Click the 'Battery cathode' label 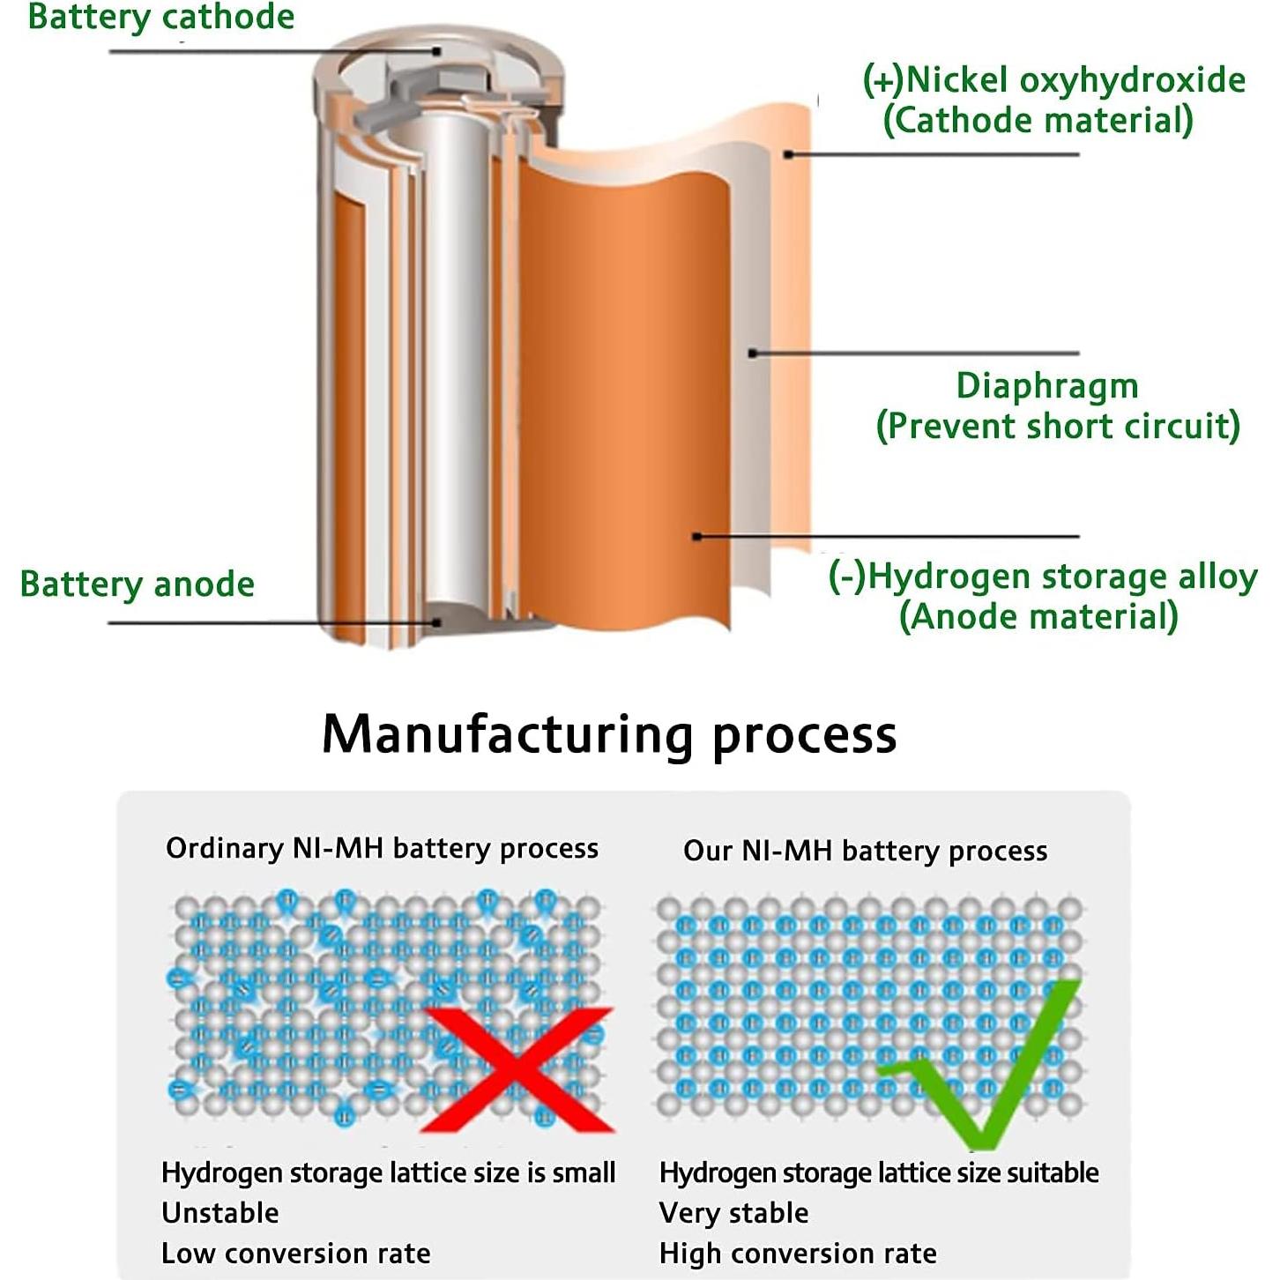click(x=161, y=17)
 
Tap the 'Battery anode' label click(x=138, y=584)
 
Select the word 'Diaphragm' click(x=1047, y=386)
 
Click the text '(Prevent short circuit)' click(x=1058, y=426)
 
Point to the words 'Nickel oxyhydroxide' click(x=1075, y=80)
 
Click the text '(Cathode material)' click(x=1038, y=120)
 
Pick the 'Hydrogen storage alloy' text click(x=1062, y=576)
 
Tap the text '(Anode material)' click(x=1038, y=616)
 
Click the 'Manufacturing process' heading click(x=609, y=733)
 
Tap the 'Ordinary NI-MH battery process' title click(x=382, y=848)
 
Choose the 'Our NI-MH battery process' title click(x=865, y=851)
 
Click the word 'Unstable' click(x=220, y=1213)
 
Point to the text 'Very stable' click(x=733, y=1213)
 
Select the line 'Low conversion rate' click(x=296, y=1254)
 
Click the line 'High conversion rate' click(x=798, y=1254)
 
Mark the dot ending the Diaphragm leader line click(x=753, y=353)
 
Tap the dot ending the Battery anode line click(x=436, y=622)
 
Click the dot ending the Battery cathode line click(x=436, y=51)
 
